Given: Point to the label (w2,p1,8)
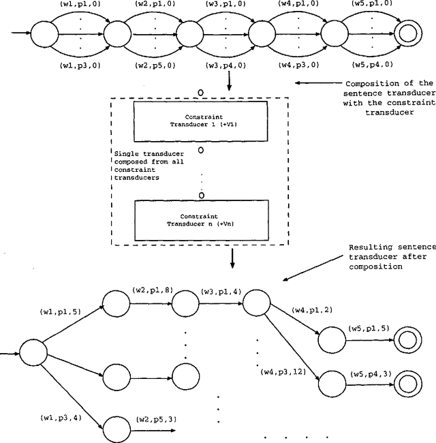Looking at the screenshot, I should pos(152,290).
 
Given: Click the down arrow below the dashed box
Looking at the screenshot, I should pos(233,260).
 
